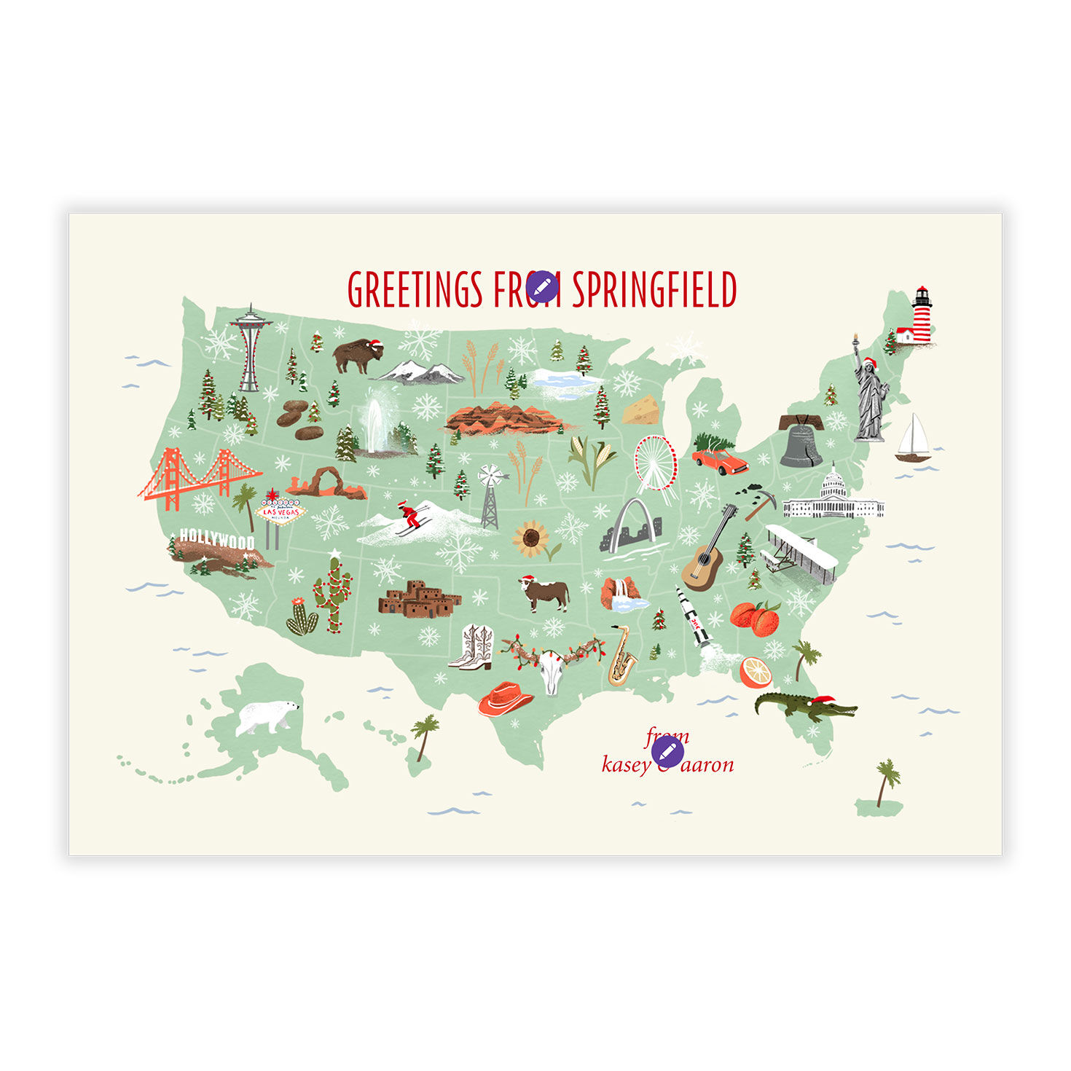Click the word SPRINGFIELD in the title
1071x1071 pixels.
(x=654, y=290)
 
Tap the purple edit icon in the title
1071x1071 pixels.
(x=542, y=288)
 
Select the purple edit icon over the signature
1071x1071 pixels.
(x=667, y=751)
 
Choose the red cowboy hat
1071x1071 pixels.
(x=505, y=698)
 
